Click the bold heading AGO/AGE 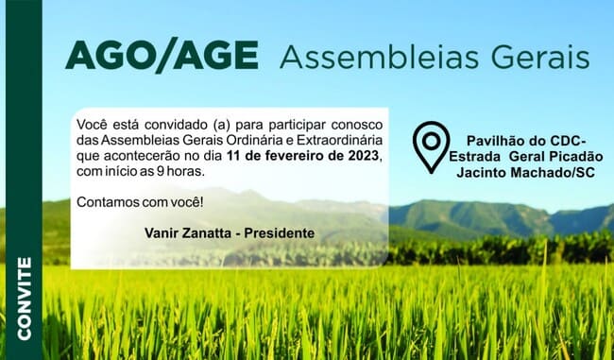162,55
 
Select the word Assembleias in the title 379,57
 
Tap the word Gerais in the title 540,57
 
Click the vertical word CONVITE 25,299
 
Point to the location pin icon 431,147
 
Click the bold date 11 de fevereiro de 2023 303,156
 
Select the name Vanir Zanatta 191,233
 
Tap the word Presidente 280,233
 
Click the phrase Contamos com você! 140,202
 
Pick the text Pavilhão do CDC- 526,141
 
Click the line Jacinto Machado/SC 526,172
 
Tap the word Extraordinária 339,140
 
